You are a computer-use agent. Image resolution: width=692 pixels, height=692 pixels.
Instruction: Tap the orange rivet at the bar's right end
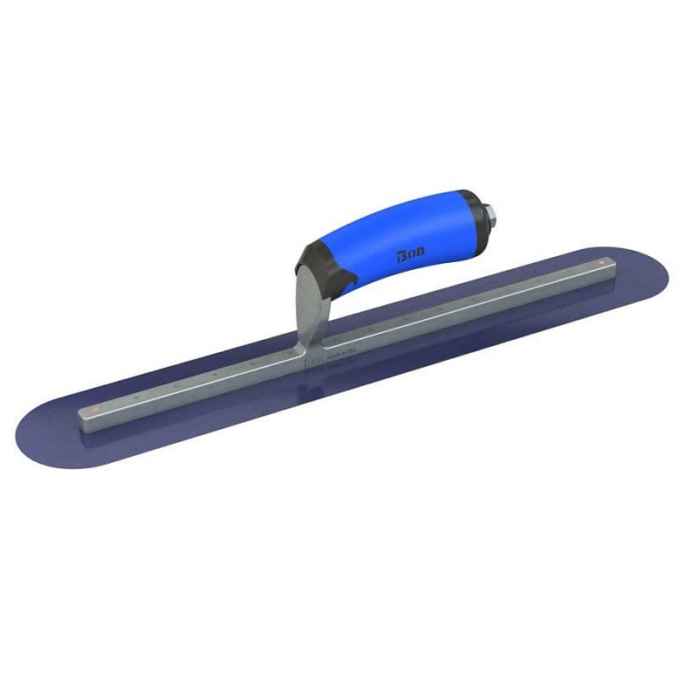pyautogui.click(x=598, y=260)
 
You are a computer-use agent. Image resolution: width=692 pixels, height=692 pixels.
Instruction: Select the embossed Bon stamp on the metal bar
pyautogui.click(x=312, y=362)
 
